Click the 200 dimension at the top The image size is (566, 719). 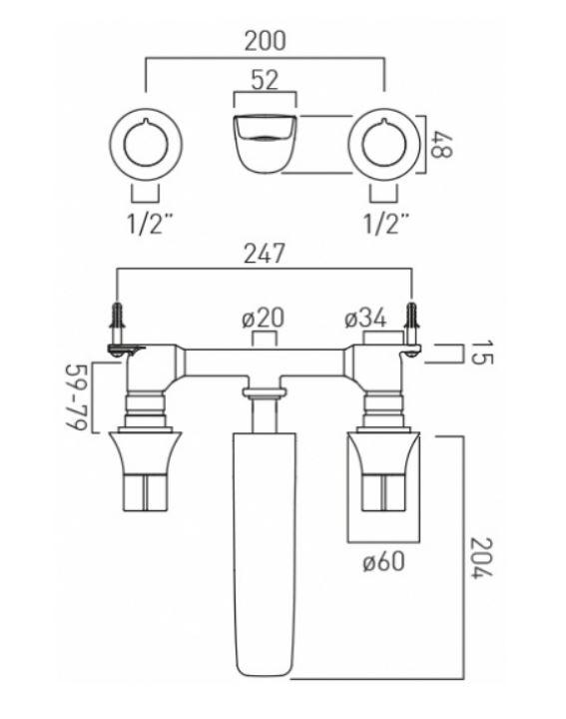tap(265, 40)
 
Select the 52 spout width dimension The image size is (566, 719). tap(265, 80)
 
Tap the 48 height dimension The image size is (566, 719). tap(442, 145)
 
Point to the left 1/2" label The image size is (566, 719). tap(145, 224)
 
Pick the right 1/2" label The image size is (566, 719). tap(384, 224)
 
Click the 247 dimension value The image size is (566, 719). tap(264, 254)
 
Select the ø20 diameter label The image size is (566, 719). tap(264, 318)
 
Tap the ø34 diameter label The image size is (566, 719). tap(365, 319)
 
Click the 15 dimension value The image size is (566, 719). tap(482, 353)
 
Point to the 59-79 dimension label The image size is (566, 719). tap(76, 397)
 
